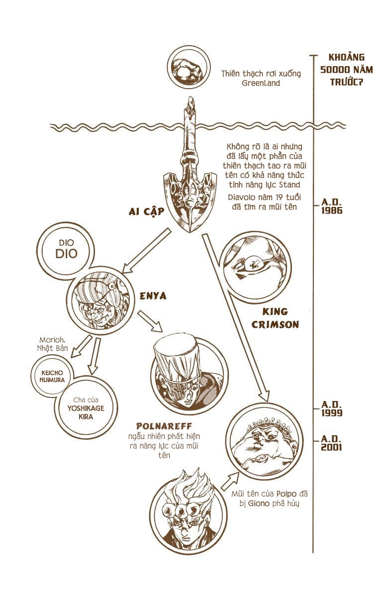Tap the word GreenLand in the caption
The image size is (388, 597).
point(261,84)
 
